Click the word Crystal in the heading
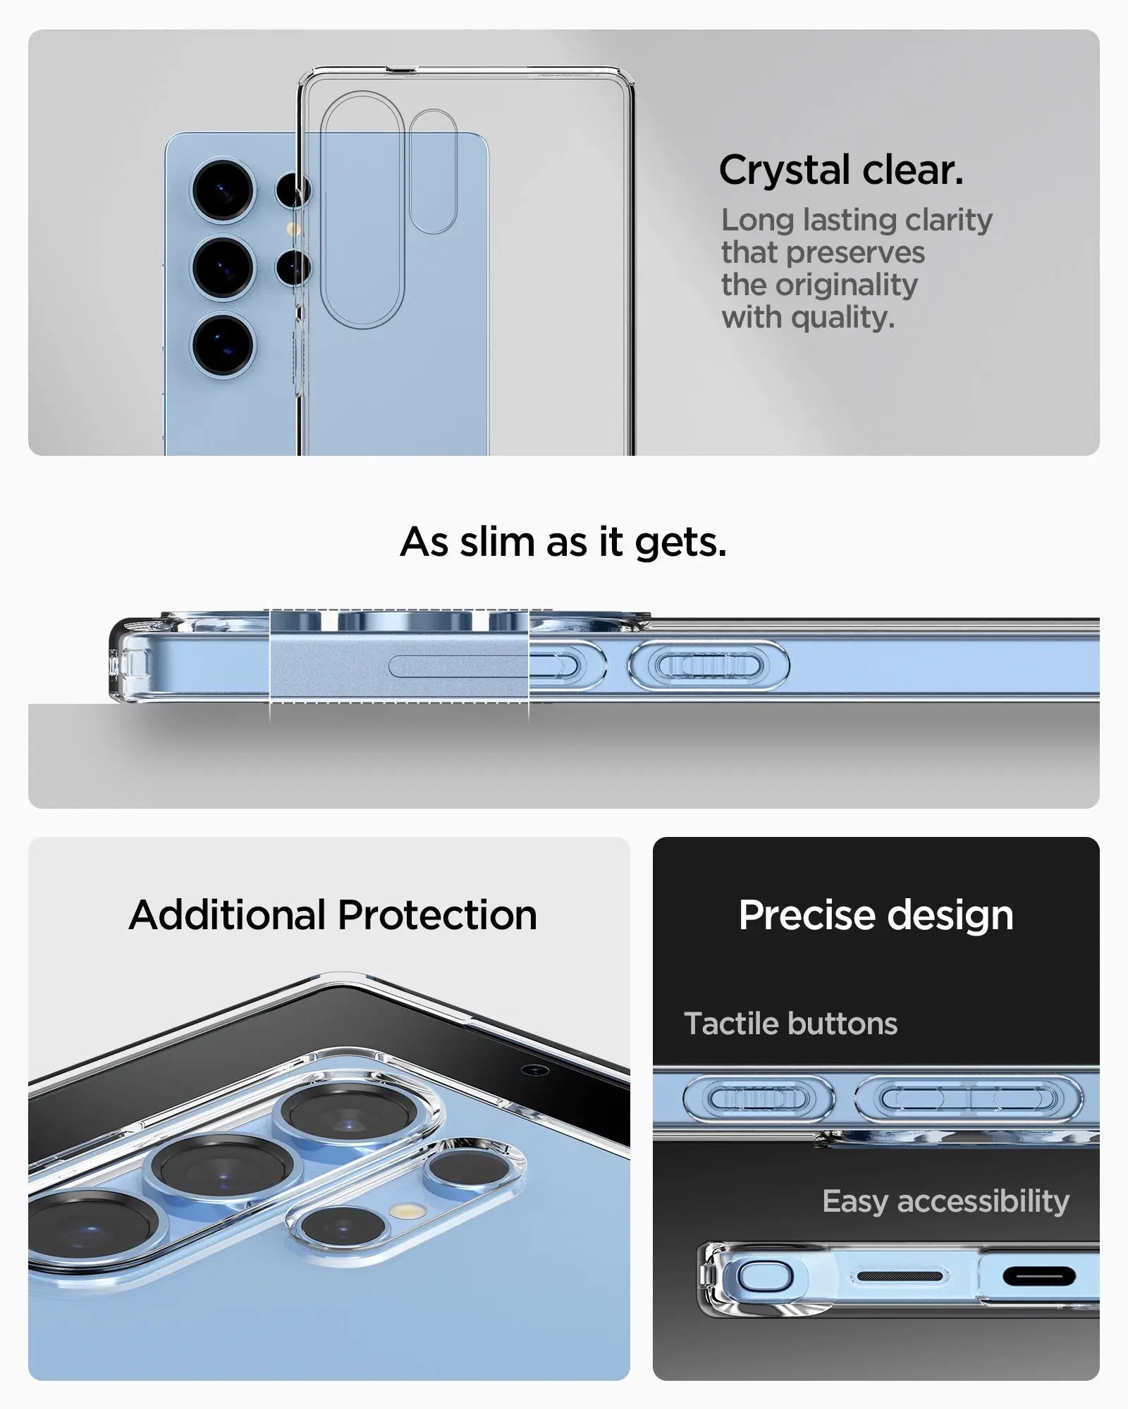pyautogui.click(x=784, y=171)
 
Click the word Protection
pyautogui.click(x=437, y=915)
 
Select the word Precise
pyautogui.click(x=807, y=915)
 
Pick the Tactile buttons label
pyautogui.click(x=790, y=1024)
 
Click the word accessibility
pyautogui.click(x=983, y=1201)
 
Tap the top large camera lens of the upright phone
pyautogui.click(x=223, y=190)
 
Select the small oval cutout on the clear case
pyautogui.click(x=433, y=171)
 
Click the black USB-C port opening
pyautogui.click(x=1038, y=1276)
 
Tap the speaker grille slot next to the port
pyautogui.click(x=899, y=1277)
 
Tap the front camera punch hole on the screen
pyautogui.click(x=534, y=1070)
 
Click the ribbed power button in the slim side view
pyautogui.click(x=708, y=665)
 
